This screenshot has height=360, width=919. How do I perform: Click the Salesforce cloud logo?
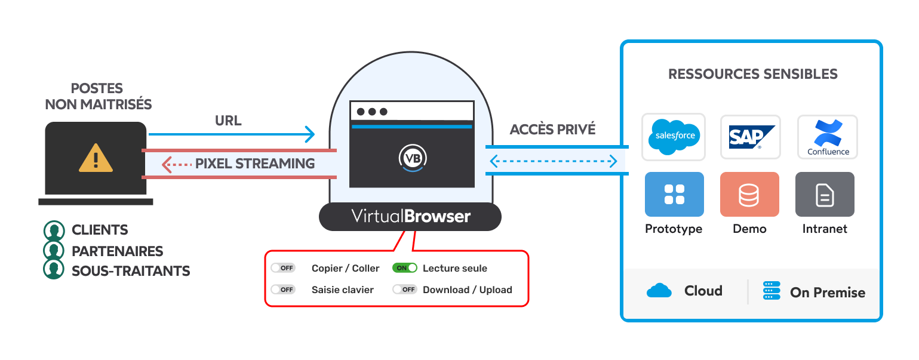tap(673, 137)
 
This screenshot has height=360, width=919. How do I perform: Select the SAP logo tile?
tap(750, 137)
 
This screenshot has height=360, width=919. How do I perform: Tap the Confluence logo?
tap(828, 137)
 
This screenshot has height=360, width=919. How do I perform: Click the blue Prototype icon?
tap(674, 195)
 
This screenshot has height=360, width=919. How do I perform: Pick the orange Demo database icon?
tap(749, 195)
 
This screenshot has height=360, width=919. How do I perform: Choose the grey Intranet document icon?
tap(825, 195)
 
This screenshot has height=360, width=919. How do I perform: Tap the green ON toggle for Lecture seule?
tap(404, 268)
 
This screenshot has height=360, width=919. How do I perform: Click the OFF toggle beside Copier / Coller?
tap(283, 268)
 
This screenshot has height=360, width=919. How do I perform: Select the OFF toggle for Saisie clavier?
tap(283, 290)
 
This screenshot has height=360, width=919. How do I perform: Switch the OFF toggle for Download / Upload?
tap(404, 290)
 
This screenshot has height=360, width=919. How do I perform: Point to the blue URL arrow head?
tap(309, 134)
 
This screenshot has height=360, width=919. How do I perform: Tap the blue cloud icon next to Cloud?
tap(659, 291)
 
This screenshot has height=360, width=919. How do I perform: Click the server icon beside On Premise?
tap(772, 291)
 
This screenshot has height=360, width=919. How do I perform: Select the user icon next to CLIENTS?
tap(54, 230)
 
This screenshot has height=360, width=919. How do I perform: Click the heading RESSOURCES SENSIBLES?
tap(752, 75)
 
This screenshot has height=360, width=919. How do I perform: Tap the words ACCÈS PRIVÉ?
tap(552, 130)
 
